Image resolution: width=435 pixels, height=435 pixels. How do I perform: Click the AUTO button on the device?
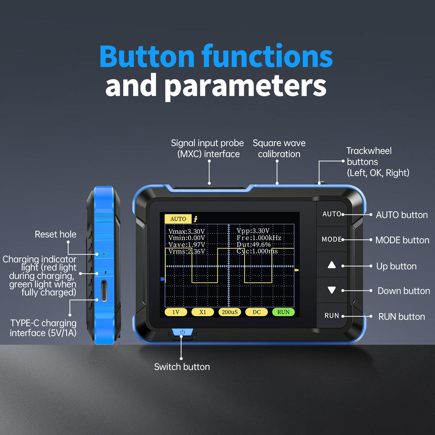331,214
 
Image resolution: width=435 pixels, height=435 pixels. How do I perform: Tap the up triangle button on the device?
332,266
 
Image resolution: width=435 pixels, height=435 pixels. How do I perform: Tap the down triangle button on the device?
332,290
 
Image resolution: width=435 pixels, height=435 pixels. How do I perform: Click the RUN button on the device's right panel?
332,315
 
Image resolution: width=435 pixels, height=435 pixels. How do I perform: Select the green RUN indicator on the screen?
283,312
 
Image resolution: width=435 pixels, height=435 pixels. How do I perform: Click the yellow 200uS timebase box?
229,312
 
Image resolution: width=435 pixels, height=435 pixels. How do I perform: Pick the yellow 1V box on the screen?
175,312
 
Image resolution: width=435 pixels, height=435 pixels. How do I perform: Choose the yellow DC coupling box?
256,312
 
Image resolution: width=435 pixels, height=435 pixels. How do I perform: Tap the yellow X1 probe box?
203,312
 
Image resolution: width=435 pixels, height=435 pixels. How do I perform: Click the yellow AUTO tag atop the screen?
178,219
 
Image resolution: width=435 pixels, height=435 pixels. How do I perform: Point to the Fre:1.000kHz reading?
259,238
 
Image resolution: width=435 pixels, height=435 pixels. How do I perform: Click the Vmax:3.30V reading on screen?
187,231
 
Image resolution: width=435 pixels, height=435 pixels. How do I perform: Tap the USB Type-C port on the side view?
104,290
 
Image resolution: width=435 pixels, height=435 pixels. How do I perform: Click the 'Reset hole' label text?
55,234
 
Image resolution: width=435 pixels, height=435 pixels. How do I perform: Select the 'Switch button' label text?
182,367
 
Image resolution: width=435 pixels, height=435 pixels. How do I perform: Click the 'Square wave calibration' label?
279,149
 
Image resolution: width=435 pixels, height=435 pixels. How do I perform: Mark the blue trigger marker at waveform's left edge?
162,280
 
